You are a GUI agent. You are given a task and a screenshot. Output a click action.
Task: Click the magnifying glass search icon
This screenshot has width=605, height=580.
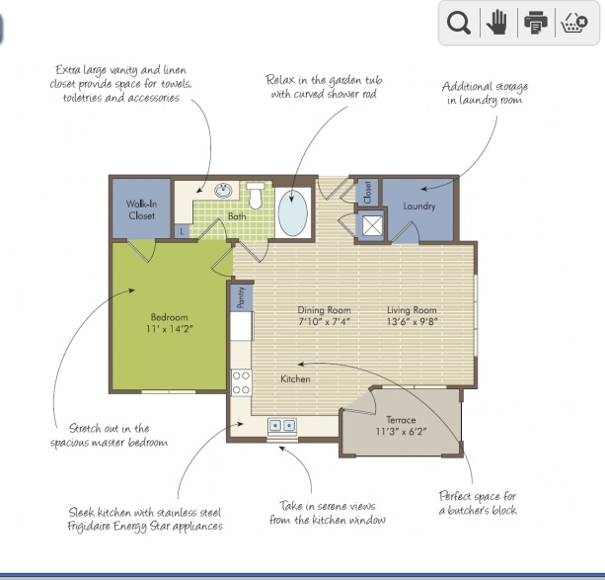pos(459,24)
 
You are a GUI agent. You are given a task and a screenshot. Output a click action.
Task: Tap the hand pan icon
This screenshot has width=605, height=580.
pos(496,24)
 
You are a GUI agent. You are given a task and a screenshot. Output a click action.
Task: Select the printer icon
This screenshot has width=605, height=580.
pos(535,24)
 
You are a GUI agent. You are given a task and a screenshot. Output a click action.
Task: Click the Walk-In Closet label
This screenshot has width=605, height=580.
pos(141,209)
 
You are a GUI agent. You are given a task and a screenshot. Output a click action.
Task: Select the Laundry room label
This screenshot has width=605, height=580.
pos(419,207)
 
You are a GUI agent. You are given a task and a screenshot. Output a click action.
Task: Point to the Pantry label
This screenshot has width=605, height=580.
pos(240,297)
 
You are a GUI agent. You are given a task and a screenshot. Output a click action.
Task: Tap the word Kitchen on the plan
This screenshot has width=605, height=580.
pos(295,379)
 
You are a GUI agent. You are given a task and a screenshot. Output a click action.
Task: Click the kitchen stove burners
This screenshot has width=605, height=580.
pos(241,381)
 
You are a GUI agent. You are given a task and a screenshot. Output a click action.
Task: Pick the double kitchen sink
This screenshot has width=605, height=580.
pos(282,425)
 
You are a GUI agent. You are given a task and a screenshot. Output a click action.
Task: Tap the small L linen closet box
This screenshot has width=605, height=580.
pos(181,231)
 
